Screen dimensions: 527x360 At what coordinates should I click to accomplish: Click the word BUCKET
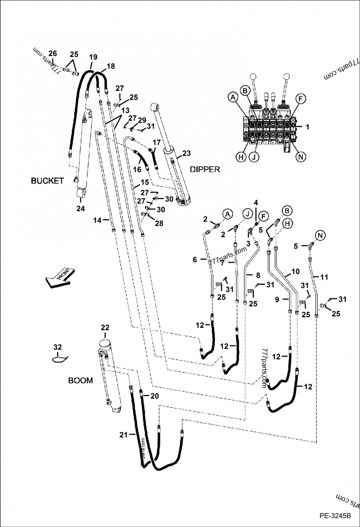coord(47,181)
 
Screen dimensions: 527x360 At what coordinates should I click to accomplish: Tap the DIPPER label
coord(205,169)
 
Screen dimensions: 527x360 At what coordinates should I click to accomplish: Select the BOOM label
coord(80,380)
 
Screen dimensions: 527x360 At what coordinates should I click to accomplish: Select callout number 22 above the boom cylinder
coord(104,327)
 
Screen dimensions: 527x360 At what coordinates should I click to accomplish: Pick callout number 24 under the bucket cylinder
coord(80,208)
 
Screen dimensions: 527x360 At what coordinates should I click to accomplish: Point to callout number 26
coord(53,54)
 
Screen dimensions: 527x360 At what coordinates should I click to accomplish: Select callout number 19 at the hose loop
coord(93,57)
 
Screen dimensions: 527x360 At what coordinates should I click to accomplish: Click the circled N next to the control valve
coord(299,156)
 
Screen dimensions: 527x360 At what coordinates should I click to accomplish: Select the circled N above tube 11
coord(320,235)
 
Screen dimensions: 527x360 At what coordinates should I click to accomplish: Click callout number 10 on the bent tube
coord(295,272)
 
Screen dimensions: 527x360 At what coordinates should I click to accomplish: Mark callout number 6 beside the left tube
coord(195,259)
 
